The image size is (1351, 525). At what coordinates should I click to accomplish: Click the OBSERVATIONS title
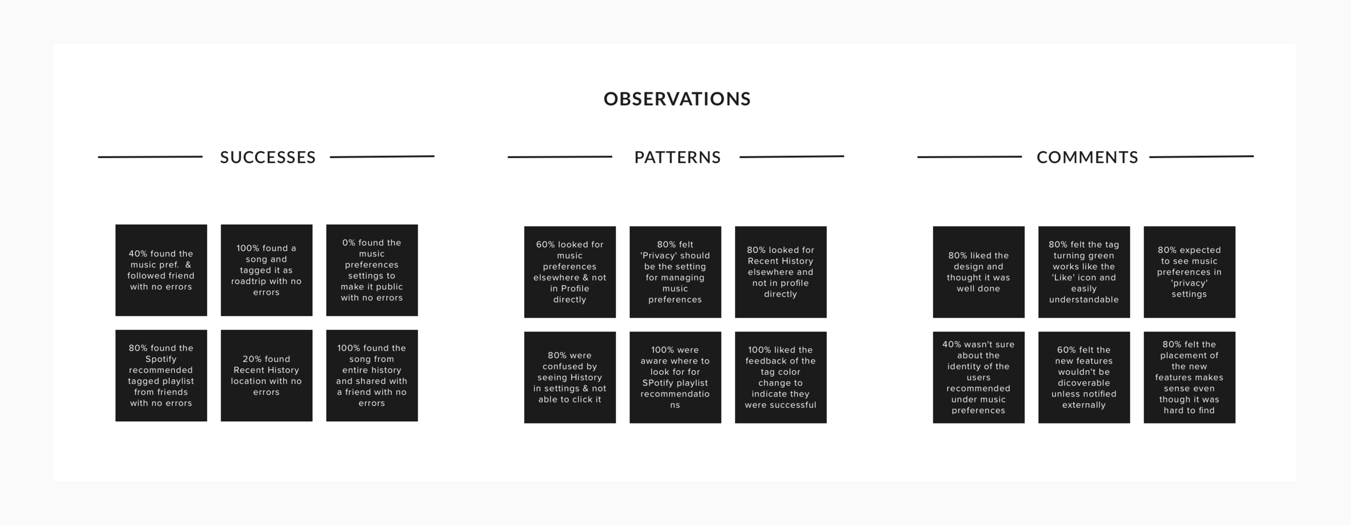pyautogui.click(x=677, y=99)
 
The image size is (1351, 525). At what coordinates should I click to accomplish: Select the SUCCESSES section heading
pyautogui.click(x=268, y=157)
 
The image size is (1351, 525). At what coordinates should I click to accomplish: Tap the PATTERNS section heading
pyautogui.click(x=678, y=157)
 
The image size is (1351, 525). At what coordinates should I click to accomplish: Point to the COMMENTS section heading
pyautogui.click(x=1087, y=157)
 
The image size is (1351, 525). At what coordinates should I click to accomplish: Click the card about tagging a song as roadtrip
pyautogui.click(x=266, y=270)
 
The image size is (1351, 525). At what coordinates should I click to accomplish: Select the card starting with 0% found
pyautogui.click(x=372, y=270)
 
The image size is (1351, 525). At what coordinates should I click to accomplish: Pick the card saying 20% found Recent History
pyautogui.click(x=266, y=375)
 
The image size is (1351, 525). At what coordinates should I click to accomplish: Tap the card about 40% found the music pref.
pyautogui.click(x=161, y=270)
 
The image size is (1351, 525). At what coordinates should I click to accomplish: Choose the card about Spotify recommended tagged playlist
pyautogui.click(x=161, y=375)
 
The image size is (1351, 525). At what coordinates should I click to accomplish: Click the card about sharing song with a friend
pyautogui.click(x=372, y=375)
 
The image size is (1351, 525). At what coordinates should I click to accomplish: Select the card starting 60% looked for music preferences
pyautogui.click(x=570, y=272)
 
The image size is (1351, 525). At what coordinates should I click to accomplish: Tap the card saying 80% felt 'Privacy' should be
pyautogui.click(x=675, y=272)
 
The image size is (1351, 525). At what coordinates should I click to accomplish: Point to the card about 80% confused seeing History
pyautogui.click(x=570, y=377)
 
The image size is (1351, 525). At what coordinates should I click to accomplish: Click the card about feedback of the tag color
pyautogui.click(x=780, y=377)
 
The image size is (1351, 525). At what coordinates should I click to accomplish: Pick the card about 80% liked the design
pyautogui.click(x=978, y=272)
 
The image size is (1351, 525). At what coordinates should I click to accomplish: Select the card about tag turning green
pyautogui.click(x=1084, y=272)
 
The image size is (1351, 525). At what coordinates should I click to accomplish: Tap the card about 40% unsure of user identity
pyautogui.click(x=978, y=377)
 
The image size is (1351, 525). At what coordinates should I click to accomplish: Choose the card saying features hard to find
pyautogui.click(x=1189, y=377)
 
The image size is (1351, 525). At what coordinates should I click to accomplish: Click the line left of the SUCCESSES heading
pyautogui.click(x=150, y=157)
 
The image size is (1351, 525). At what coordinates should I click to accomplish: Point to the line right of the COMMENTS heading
pyautogui.click(x=1201, y=157)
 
